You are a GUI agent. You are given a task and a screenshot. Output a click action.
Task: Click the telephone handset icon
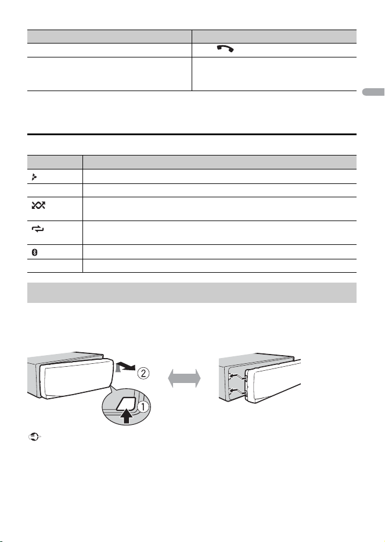225,49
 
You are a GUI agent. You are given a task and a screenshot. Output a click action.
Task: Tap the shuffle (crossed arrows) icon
38,205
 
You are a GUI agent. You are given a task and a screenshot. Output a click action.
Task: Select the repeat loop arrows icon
38,229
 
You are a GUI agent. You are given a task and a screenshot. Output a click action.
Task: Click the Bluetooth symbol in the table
35,252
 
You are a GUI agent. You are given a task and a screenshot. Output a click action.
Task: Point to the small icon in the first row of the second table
34,178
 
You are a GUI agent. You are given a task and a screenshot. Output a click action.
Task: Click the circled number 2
143,373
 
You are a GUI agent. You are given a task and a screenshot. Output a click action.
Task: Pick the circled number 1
143,407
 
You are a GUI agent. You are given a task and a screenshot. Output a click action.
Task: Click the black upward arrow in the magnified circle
127,415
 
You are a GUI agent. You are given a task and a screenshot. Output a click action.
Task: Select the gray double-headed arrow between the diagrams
184,378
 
